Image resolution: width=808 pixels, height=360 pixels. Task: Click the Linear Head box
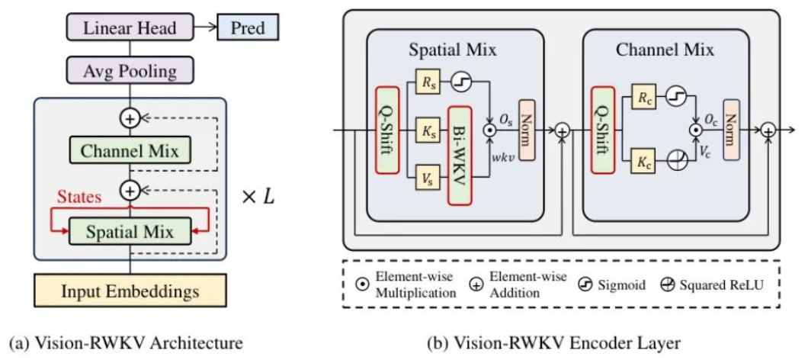pos(130,27)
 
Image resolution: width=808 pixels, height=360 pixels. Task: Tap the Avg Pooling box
pos(130,69)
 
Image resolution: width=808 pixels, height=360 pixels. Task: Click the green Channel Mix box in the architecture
pos(130,151)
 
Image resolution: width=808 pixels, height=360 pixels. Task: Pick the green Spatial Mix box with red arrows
pos(130,232)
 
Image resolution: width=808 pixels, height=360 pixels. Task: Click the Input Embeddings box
pos(130,291)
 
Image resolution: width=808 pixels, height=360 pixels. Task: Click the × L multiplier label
pos(258,198)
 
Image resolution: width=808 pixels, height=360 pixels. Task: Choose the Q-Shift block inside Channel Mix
pos(603,130)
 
